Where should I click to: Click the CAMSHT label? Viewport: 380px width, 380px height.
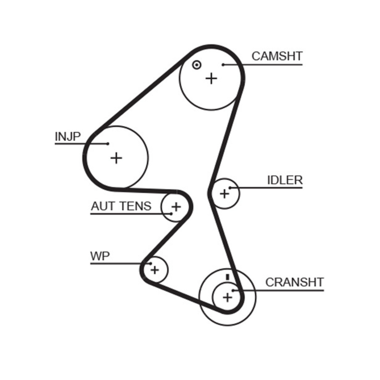pyautogui.click(x=276, y=56)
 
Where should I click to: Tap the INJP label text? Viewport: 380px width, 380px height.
pyautogui.click(x=68, y=137)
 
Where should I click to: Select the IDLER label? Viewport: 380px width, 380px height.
pyautogui.click(x=285, y=180)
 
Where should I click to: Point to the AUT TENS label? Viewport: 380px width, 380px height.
pyautogui.click(x=121, y=206)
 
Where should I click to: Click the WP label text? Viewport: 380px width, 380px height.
pyautogui.click(x=100, y=256)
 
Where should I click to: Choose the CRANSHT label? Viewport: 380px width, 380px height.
pyautogui.click(x=294, y=282)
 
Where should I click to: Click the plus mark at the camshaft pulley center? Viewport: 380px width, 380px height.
pyautogui.click(x=211, y=78)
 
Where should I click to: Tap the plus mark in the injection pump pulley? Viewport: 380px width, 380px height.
pyautogui.click(x=116, y=158)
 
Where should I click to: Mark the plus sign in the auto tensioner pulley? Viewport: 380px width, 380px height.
pyautogui.click(x=176, y=207)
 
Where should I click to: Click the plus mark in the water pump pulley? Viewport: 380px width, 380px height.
pyautogui.click(x=154, y=270)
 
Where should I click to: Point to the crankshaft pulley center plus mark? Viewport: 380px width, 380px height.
pyautogui.click(x=228, y=297)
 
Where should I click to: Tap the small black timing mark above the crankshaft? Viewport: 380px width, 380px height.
pyautogui.click(x=228, y=276)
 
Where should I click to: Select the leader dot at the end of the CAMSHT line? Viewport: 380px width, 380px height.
pyautogui.click(x=223, y=64)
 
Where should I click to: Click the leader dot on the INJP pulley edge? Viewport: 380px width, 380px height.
pyautogui.click(x=108, y=143)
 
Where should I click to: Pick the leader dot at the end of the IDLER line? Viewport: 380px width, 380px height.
pyautogui.click(x=230, y=188)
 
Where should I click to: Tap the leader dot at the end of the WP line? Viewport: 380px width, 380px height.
pyautogui.click(x=150, y=263)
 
